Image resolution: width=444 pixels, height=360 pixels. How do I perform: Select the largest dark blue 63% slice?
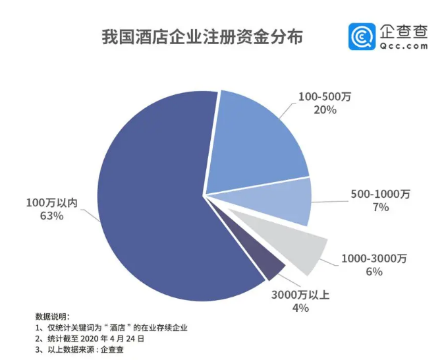pyautogui.click(x=152, y=198)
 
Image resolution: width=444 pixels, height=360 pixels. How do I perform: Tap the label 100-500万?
pyautogui.click(x=325, y=97)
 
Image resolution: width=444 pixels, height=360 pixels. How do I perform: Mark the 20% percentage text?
pyautogui.click(x=325, y=110)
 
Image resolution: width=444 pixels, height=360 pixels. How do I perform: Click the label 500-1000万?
pyautogui.click(x=380, y=194)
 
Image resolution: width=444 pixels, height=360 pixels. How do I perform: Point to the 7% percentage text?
pyautogui.click(x=380, y=207)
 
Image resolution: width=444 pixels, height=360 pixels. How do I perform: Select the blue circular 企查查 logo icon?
pyautogui.click(x=362, y=37)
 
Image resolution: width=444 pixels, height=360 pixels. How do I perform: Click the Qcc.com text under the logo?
pyautogui.click(x=404, y=47)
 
